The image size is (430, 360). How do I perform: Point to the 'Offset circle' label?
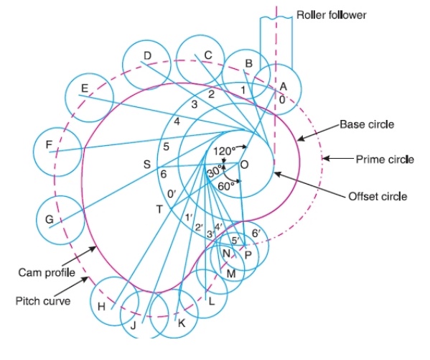377,195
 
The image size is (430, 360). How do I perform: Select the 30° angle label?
215,173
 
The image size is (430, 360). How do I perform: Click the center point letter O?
244,165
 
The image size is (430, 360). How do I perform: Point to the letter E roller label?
85,88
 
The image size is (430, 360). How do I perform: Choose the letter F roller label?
49,145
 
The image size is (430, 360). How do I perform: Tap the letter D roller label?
146,56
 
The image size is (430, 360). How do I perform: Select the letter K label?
182,323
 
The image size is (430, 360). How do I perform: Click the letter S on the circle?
146,165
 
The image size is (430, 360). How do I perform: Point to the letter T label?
159,208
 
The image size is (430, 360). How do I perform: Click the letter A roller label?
283,86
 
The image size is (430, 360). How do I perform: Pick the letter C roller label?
207,55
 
